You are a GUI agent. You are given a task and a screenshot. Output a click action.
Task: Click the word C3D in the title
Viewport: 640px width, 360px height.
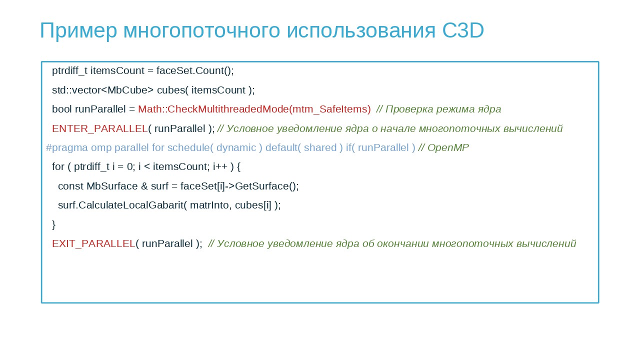463,30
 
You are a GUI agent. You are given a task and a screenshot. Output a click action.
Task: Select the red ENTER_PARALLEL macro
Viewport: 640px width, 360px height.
99,129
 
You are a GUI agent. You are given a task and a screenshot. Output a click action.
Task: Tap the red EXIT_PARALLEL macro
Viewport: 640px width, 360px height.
93,243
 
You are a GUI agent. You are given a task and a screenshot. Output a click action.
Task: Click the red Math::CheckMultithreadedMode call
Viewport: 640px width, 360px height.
254,109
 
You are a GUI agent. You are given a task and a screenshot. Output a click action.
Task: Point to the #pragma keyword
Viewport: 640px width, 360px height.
67,148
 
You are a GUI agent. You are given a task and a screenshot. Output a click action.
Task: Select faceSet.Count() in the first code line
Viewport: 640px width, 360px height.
195,70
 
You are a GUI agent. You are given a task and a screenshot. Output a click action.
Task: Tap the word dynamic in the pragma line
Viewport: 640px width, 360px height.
236,148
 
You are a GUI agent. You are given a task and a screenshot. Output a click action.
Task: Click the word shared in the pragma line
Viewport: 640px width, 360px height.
320,147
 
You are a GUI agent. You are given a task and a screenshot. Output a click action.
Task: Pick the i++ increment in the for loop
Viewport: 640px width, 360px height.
220,166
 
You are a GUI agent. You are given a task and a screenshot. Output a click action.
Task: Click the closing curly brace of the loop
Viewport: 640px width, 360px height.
53,224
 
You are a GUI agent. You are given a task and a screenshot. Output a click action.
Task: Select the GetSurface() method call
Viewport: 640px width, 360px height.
266,186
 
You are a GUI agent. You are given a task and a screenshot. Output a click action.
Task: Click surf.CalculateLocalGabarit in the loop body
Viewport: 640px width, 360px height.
120,205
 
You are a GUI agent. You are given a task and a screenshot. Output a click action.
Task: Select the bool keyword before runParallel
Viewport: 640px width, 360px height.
61,109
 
